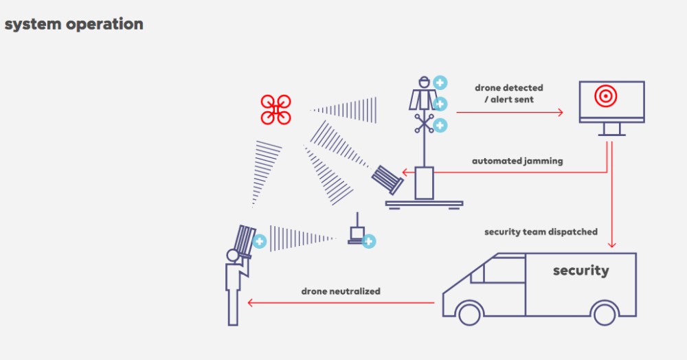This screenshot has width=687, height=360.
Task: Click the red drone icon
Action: (275, 110)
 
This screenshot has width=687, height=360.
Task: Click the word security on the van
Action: (581, 270)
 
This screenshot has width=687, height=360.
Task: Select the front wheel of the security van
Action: (469, 313)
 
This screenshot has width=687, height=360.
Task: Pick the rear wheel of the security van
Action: (605, 313)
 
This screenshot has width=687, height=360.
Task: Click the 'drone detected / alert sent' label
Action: (508, 93)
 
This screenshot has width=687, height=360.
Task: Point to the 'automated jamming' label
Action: (517, 161)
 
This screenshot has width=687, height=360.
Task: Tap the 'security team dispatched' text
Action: (541, 232)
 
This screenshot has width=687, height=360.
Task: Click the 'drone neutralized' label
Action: (341, 291)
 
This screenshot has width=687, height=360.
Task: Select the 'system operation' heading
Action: (74, 24)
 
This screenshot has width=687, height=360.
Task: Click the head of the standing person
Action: (232, 256)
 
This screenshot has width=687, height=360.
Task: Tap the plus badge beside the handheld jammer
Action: (260, 241)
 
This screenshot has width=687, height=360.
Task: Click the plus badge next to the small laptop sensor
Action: (369, 240)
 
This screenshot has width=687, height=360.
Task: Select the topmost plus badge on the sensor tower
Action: (440, 83)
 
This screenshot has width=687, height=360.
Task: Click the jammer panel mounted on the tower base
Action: (388, 180)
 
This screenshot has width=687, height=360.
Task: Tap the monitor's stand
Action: (611, 129)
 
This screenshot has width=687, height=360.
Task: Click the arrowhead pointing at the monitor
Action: (560, 112)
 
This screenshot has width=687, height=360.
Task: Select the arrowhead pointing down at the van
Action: (611, 244)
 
